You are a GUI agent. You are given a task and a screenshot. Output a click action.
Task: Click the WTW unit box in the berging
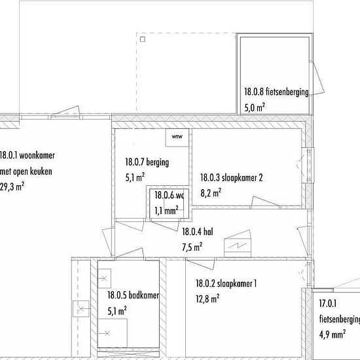177,137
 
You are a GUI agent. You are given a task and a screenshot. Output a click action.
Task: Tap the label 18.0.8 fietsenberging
276,92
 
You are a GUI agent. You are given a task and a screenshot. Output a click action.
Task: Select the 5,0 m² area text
255,107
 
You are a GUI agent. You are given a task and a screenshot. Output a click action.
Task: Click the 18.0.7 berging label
147,162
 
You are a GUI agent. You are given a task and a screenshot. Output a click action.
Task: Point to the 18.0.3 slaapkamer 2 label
232,177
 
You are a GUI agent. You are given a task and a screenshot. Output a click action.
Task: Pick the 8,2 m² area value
211,193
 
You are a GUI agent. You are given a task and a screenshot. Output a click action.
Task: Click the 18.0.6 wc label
170,196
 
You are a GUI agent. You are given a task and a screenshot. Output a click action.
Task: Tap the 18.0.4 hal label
198,232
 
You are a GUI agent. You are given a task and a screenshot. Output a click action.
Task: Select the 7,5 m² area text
192,247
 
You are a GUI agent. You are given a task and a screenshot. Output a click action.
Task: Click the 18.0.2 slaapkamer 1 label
226,283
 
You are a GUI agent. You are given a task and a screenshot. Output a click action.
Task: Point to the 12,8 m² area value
207,299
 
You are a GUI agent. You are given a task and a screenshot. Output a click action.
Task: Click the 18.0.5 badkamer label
133,295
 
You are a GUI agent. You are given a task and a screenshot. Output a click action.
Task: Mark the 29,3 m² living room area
12,187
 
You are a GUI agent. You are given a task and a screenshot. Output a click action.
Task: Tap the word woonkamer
37,155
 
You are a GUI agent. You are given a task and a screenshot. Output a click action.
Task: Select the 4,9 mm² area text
333,334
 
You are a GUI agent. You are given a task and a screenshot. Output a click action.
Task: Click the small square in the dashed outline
143,39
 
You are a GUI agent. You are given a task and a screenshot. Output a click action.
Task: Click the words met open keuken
26,171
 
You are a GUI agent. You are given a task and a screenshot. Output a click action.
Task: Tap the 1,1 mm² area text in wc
166,211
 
